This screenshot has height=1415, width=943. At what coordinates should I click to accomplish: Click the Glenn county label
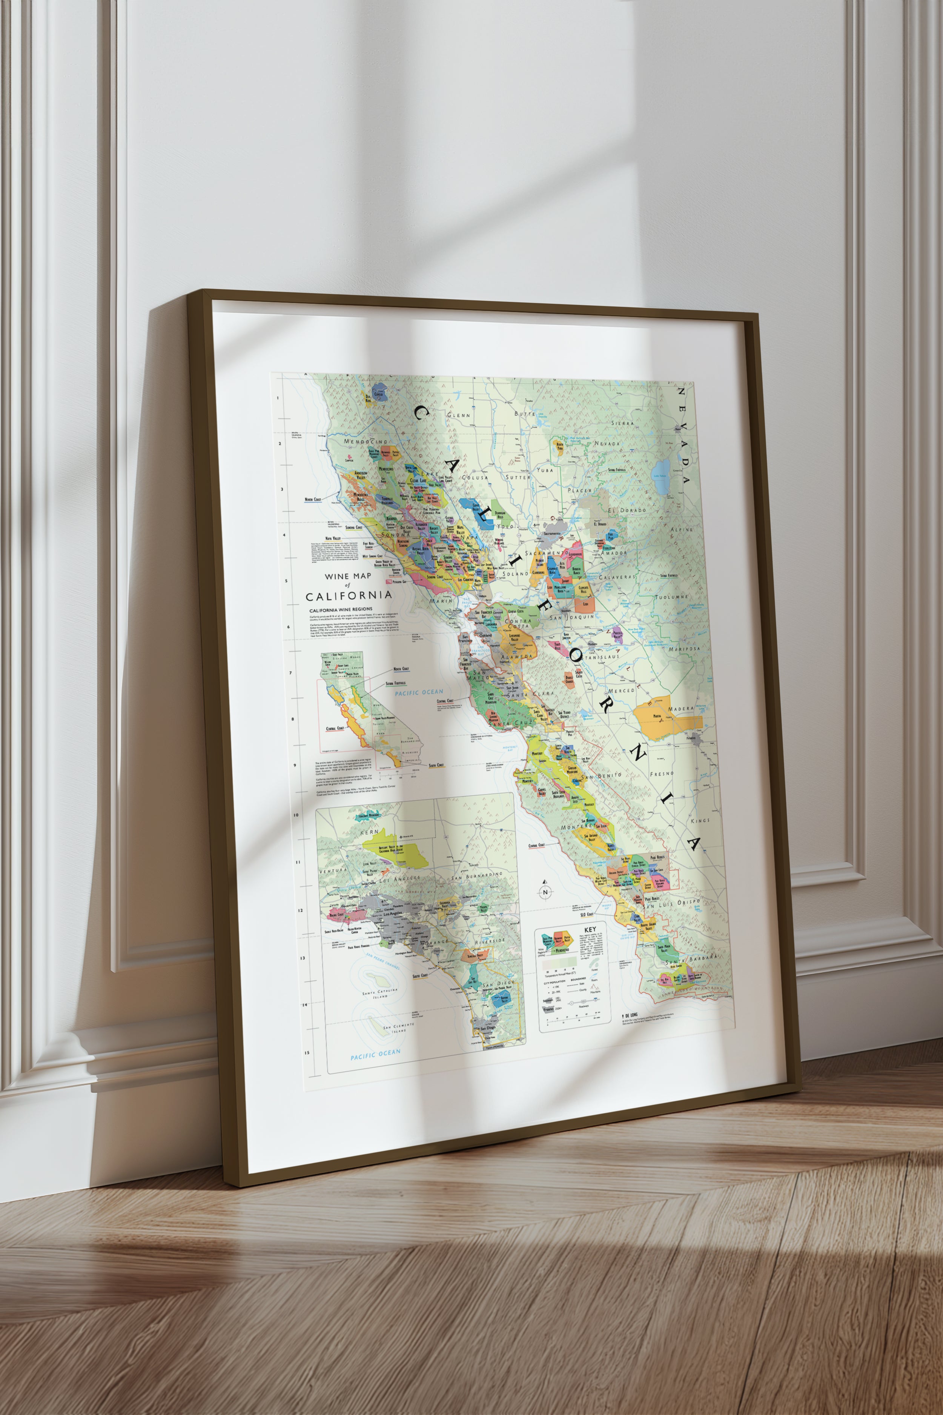pos(458,415)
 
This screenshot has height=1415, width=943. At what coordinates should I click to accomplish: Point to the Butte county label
pos(524,414)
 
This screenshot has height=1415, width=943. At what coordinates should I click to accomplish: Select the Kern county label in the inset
pos(369,832)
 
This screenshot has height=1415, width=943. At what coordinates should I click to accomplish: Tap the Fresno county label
pos(662,774)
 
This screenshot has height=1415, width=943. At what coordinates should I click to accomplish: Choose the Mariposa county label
pos(684,649)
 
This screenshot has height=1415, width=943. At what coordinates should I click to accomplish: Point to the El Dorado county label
pos(626,510)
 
